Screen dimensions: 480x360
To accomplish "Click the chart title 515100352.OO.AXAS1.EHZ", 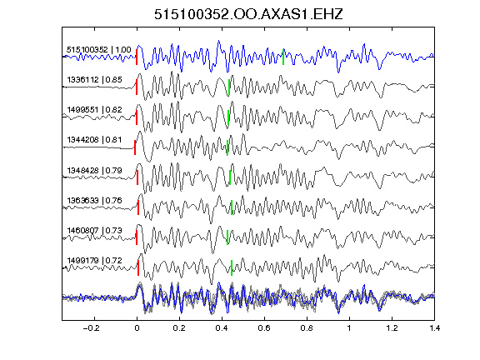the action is pyautogui.click(x=248, y=14).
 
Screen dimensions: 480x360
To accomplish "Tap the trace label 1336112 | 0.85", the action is pyautogui.click(x=95, y=80).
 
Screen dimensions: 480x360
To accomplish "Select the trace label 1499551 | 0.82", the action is pyautogui.click(x=95, y=110).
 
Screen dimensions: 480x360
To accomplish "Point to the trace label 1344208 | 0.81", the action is pyautogui.click(x=95, y=140).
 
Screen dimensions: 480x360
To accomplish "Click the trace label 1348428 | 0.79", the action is pyautogui.click(x=95, y=170).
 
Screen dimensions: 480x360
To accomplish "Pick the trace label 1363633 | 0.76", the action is pyautogui.click(x=95, y=201).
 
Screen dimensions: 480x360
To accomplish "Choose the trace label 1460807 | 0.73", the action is pyautogui.click(x=95, y=231).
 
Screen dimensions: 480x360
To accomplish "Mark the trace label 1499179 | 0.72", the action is pyautogui.click(x=95, y=261).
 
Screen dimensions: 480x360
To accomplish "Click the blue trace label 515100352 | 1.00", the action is pyautogui.click(x=99, y=50).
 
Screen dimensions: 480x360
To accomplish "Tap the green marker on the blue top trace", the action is pyautogui.click(x=283, y=57).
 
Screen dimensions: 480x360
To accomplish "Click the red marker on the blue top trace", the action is pyautogui.click(x=137, y=57).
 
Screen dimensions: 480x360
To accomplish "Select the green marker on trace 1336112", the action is pyautogui.click(x=229, y=87).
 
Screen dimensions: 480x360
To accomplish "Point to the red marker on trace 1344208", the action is pyautogui.click(x=135, y=147).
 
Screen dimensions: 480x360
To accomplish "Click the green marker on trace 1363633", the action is pyautogui.click(x=232, y=207).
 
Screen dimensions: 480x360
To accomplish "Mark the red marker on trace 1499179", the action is pyautogui.click(x=138, y=267).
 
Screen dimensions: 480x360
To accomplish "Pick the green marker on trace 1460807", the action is pyautogui.click(x=227, y=237).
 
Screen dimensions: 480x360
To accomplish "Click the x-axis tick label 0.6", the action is pyautogui.click(x=264, y=328).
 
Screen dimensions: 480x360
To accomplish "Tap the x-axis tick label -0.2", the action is pyautogui.click(x=91, y=328).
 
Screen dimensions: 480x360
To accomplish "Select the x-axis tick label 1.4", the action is pyautogui.click(x=434, y=328).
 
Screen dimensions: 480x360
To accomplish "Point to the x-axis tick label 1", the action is pyautogui.click(x=349, y=328).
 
